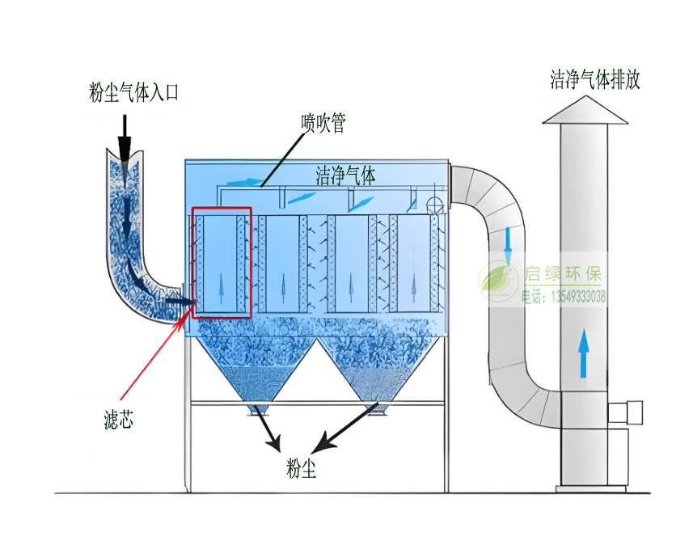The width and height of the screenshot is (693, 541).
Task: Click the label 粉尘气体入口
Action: (x=133, y=93)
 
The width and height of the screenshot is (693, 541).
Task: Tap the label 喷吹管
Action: (x=323, y=123)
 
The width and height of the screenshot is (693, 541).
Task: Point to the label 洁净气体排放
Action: (x=595, y=79)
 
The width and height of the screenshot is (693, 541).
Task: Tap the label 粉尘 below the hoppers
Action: (x=301, y=468)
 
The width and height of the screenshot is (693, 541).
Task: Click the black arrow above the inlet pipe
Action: (x=124, y=137)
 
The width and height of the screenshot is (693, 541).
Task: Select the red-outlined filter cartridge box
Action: (x=222, y=262)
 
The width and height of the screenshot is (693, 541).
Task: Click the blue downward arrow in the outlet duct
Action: (x=508, y=239)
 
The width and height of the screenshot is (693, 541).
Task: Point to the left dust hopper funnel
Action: (x=251, y=369)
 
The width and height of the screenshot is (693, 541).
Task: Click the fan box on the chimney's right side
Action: (x=626, y=412)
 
